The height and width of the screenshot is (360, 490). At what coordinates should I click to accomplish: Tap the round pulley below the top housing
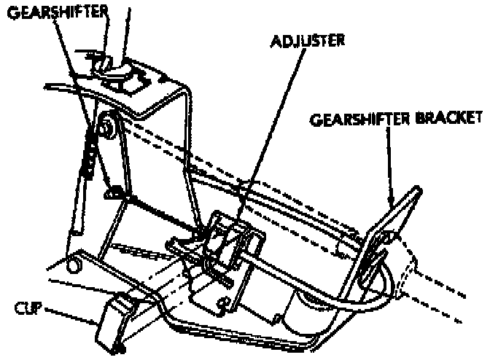(x=108, y=130)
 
